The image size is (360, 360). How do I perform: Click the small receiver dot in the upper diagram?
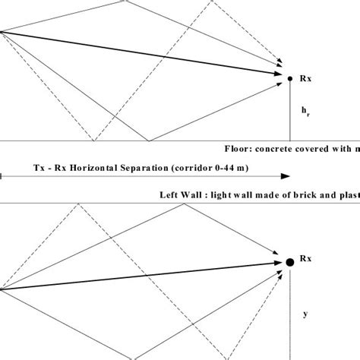pos(289,77)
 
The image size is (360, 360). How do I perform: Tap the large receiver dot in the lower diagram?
pos(289,262)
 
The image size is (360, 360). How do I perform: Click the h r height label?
pos(306,112)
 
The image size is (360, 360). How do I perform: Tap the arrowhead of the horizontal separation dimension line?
pos(286,176)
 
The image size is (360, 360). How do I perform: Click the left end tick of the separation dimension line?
pos(2,176)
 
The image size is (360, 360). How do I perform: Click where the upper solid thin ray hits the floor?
pos(150,141)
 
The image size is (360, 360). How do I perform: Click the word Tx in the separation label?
pos(39,165)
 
